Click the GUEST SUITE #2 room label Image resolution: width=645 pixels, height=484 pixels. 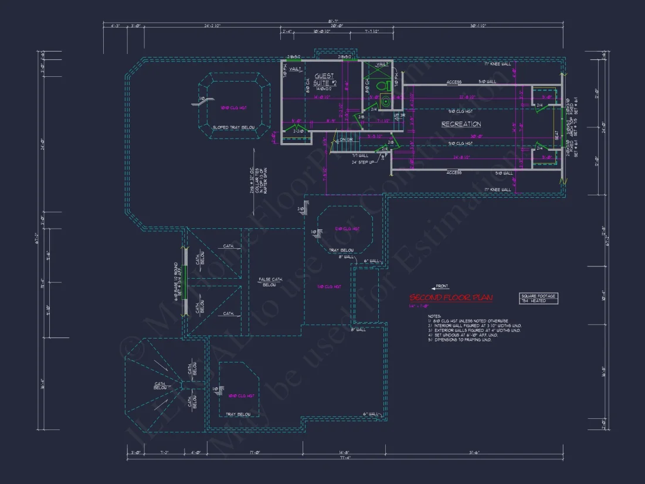click(x=324, y=76)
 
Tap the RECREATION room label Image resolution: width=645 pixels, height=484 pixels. click(x=461, y=124)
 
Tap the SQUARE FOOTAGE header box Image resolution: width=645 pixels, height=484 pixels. click(x=538, y=296)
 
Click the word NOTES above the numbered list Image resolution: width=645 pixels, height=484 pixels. click(x=434, y=316)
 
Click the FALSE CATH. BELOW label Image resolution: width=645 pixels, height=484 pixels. click(x=270, y=282)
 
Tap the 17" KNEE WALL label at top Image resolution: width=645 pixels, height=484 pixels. click(x=495, y=63)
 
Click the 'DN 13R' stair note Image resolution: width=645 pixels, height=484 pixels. click(x=346, y=140)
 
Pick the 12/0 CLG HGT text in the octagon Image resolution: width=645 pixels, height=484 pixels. click(x=346, y=228)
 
